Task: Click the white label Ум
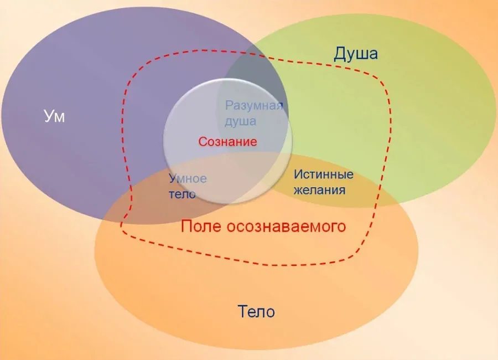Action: click(x=54, y=116)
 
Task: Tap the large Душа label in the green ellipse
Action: click(x=356, y=54)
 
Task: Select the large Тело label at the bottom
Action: click(x=256, y=311)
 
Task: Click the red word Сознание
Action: click(x=228, y=142)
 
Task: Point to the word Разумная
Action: click(x=254, y=106)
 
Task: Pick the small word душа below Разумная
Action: click(x=241, y=121)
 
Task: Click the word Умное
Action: click(x=188, y=178)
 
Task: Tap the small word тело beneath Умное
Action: click(x=182, y=194)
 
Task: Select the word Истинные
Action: click(x=324, y=174)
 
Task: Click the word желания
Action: click(x=319, y=190)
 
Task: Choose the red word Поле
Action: click(x=201, y=226)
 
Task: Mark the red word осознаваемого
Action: click(x=286, y=227)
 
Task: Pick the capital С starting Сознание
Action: click(x=203, y=142)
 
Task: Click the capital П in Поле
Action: click(x=186, y=226)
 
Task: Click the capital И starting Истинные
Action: click(x=298, y=174)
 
